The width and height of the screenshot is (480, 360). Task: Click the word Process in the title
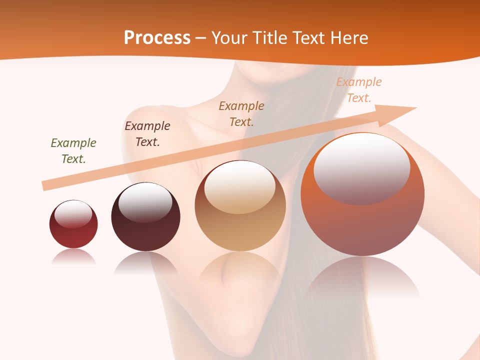click(x=157, y=38)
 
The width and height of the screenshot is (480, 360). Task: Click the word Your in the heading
click(x=229, y=38)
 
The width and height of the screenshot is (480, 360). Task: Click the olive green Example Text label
click(x=73, y=151)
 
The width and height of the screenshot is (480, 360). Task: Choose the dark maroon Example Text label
click(x=147, y=134)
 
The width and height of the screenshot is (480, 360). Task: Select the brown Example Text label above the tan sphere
click(x=241, y=113)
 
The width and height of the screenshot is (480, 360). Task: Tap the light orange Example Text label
click(x=358, y=90)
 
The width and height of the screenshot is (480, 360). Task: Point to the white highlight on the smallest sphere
click(x=73, y=213)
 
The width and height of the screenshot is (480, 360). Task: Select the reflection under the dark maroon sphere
click(x=145, y=262)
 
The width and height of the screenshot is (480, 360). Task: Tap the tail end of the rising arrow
click(x=46, y=185)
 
